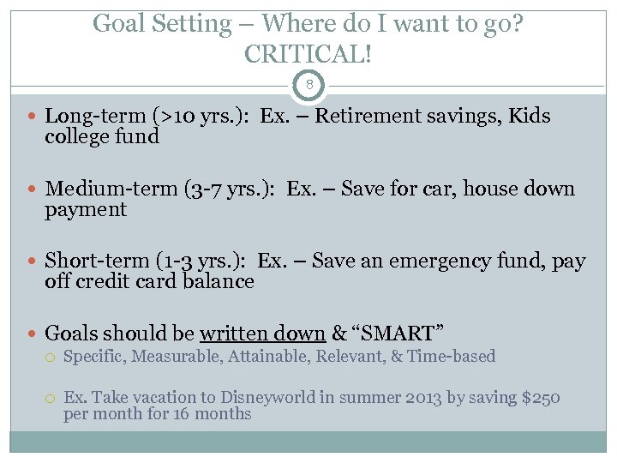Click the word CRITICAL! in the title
tap(308, 54)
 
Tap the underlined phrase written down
tap(262, 334)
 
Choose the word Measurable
tap(178, 356)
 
